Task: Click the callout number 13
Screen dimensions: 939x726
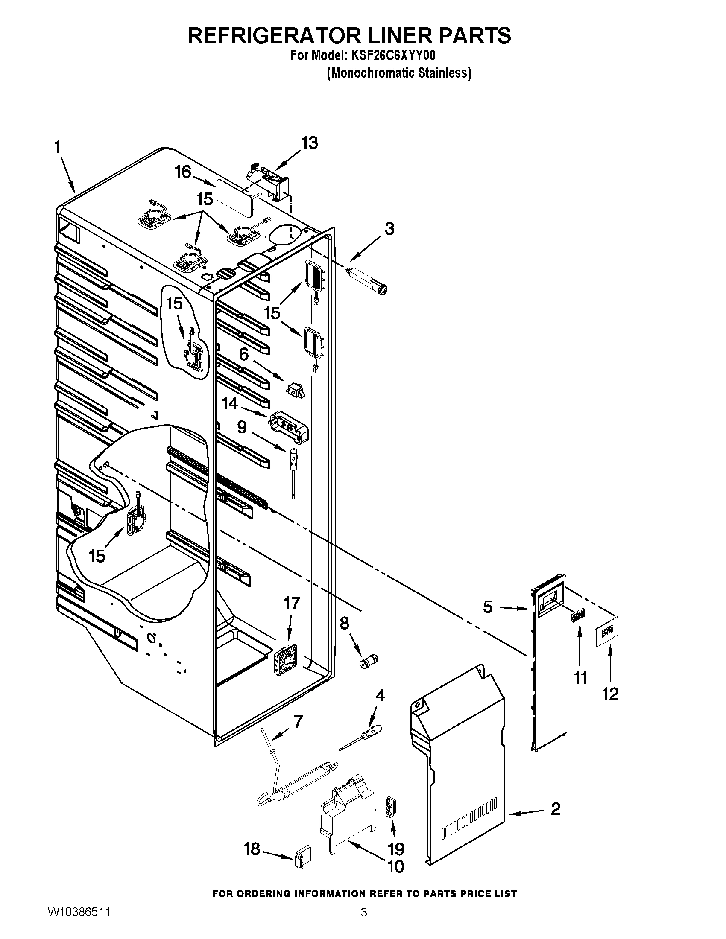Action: (309, 143)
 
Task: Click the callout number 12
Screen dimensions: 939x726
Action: (610, 694)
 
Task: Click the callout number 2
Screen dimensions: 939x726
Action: (555, 809)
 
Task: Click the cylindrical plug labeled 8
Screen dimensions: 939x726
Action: (369, 661)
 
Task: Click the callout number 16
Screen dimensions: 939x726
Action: (182, 172)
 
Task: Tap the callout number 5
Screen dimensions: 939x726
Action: (487, 607)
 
